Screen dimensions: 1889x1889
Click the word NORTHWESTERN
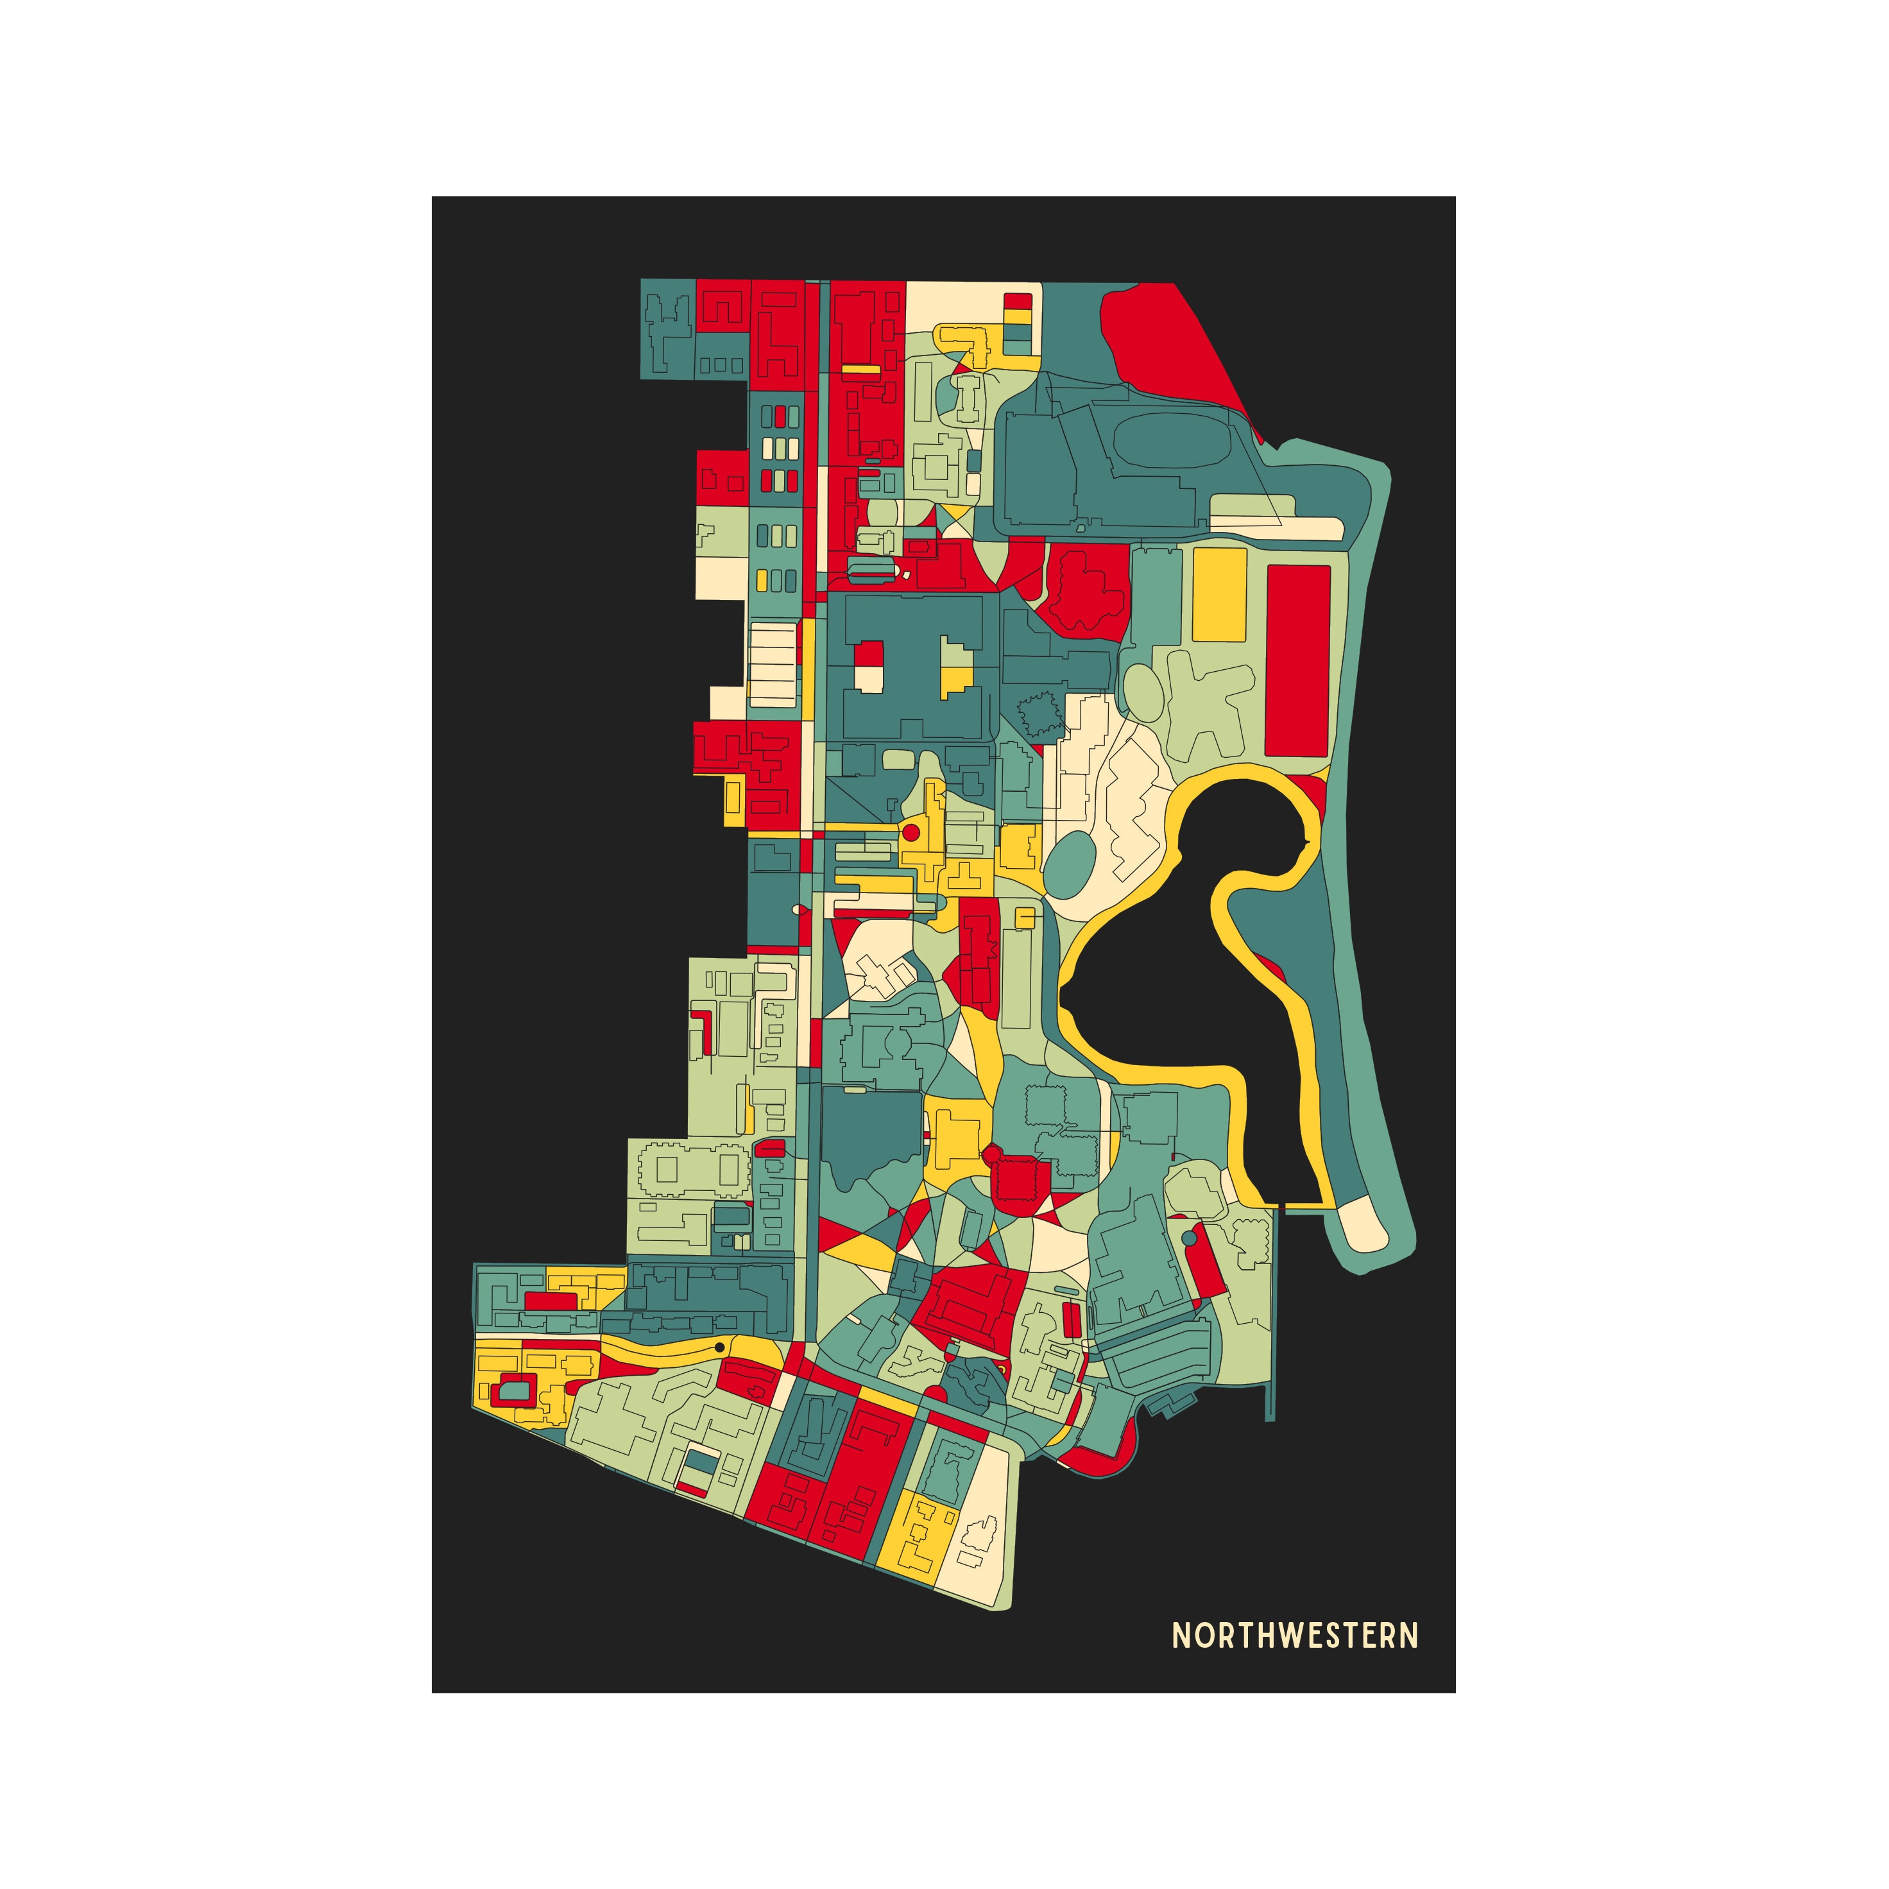pyautogui.click(x=1295, y=1635)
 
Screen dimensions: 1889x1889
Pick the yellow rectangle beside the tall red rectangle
pyautogui.click(x=1219, y=594)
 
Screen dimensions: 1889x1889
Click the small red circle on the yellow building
pyautogui.click(x=910, y=833)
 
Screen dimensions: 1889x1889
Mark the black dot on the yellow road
pyautogui.click(x=720, y=1347)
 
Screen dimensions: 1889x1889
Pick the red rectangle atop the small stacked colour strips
pyautogui.click(x=1018, y=300)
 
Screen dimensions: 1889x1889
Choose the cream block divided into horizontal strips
pyautogui.click(x=773, y=664)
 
